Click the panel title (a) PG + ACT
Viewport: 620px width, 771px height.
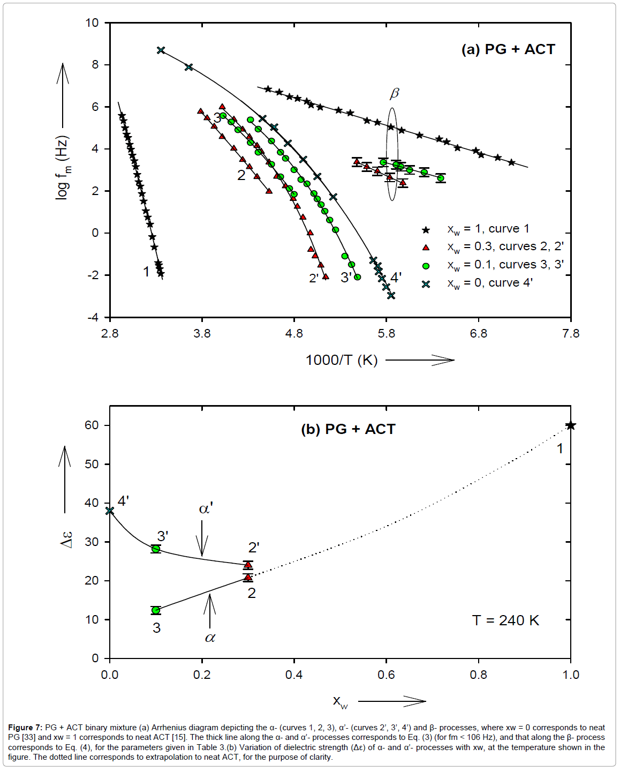click(508, 49)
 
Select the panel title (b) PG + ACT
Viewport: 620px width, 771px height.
click(348, 429)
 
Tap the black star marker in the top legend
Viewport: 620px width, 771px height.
click(426, 230)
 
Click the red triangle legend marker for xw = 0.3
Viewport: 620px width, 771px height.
click(426, 248)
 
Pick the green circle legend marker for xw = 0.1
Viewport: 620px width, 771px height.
click(426, 266)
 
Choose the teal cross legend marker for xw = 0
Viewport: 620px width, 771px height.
click(426, 284)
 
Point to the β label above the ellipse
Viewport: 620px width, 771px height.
click(394, 94)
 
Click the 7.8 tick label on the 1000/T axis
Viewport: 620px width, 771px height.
click(571, 334)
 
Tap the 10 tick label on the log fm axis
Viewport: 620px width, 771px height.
click(92, 23)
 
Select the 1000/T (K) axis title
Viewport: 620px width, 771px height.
click(342, 360)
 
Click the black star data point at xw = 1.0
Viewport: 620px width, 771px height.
click(571, 425)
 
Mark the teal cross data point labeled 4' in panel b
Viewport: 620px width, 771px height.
click(110, 511)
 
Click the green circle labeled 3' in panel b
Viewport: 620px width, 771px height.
click(156, 549)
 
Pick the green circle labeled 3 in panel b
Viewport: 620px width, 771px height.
click(156, 610)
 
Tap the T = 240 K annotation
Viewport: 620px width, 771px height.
click(505, 620)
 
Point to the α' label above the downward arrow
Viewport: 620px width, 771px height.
click(206, 508)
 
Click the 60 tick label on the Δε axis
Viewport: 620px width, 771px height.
click(92, 425)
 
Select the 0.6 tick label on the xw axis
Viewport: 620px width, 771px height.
click(386, 675)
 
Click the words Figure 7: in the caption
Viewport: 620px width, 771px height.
click(25, 728)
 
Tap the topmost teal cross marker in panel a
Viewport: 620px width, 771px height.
click(161, 50)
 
